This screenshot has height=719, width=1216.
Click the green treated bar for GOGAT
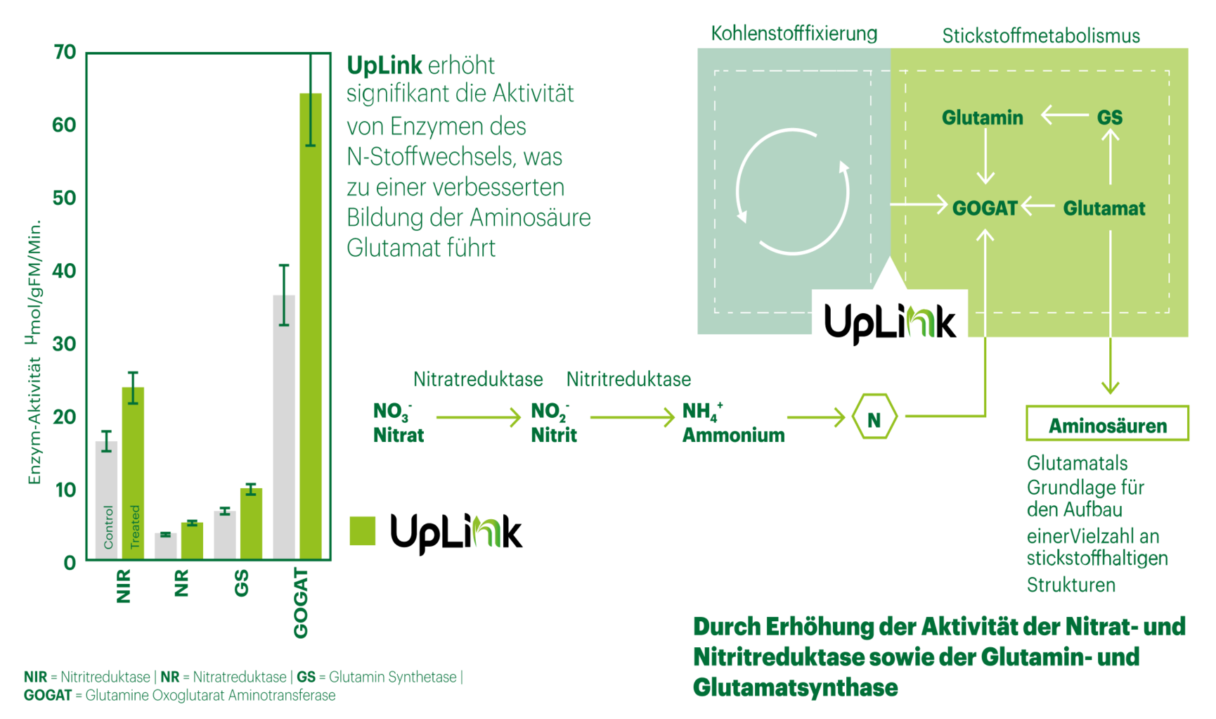coord(311,326)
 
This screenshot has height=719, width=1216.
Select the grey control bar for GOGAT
coord(284,427)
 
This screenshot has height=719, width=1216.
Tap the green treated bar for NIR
coord(133,473)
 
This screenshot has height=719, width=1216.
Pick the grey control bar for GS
coord(225,535)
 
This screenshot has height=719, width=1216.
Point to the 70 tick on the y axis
coord(65,52)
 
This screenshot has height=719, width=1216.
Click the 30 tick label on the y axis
coord(65,344)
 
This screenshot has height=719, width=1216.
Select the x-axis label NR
coord(181,583)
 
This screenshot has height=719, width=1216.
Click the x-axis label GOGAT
coord(301,604)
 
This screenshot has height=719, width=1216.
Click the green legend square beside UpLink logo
coord(363,530)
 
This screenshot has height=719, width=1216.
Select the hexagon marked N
coord(874,416)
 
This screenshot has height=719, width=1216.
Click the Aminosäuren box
coord(1107,423)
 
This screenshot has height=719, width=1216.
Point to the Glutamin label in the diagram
coord(983,117)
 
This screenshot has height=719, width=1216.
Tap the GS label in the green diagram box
coord(1110,117)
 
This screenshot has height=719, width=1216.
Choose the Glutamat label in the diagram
coord(1104,208)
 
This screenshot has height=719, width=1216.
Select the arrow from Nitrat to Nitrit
coord(479,417)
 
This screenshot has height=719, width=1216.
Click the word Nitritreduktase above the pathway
coord(628,380)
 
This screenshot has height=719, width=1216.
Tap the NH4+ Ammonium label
coord(733,423)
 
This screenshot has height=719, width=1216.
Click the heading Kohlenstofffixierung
coord(794,33)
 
